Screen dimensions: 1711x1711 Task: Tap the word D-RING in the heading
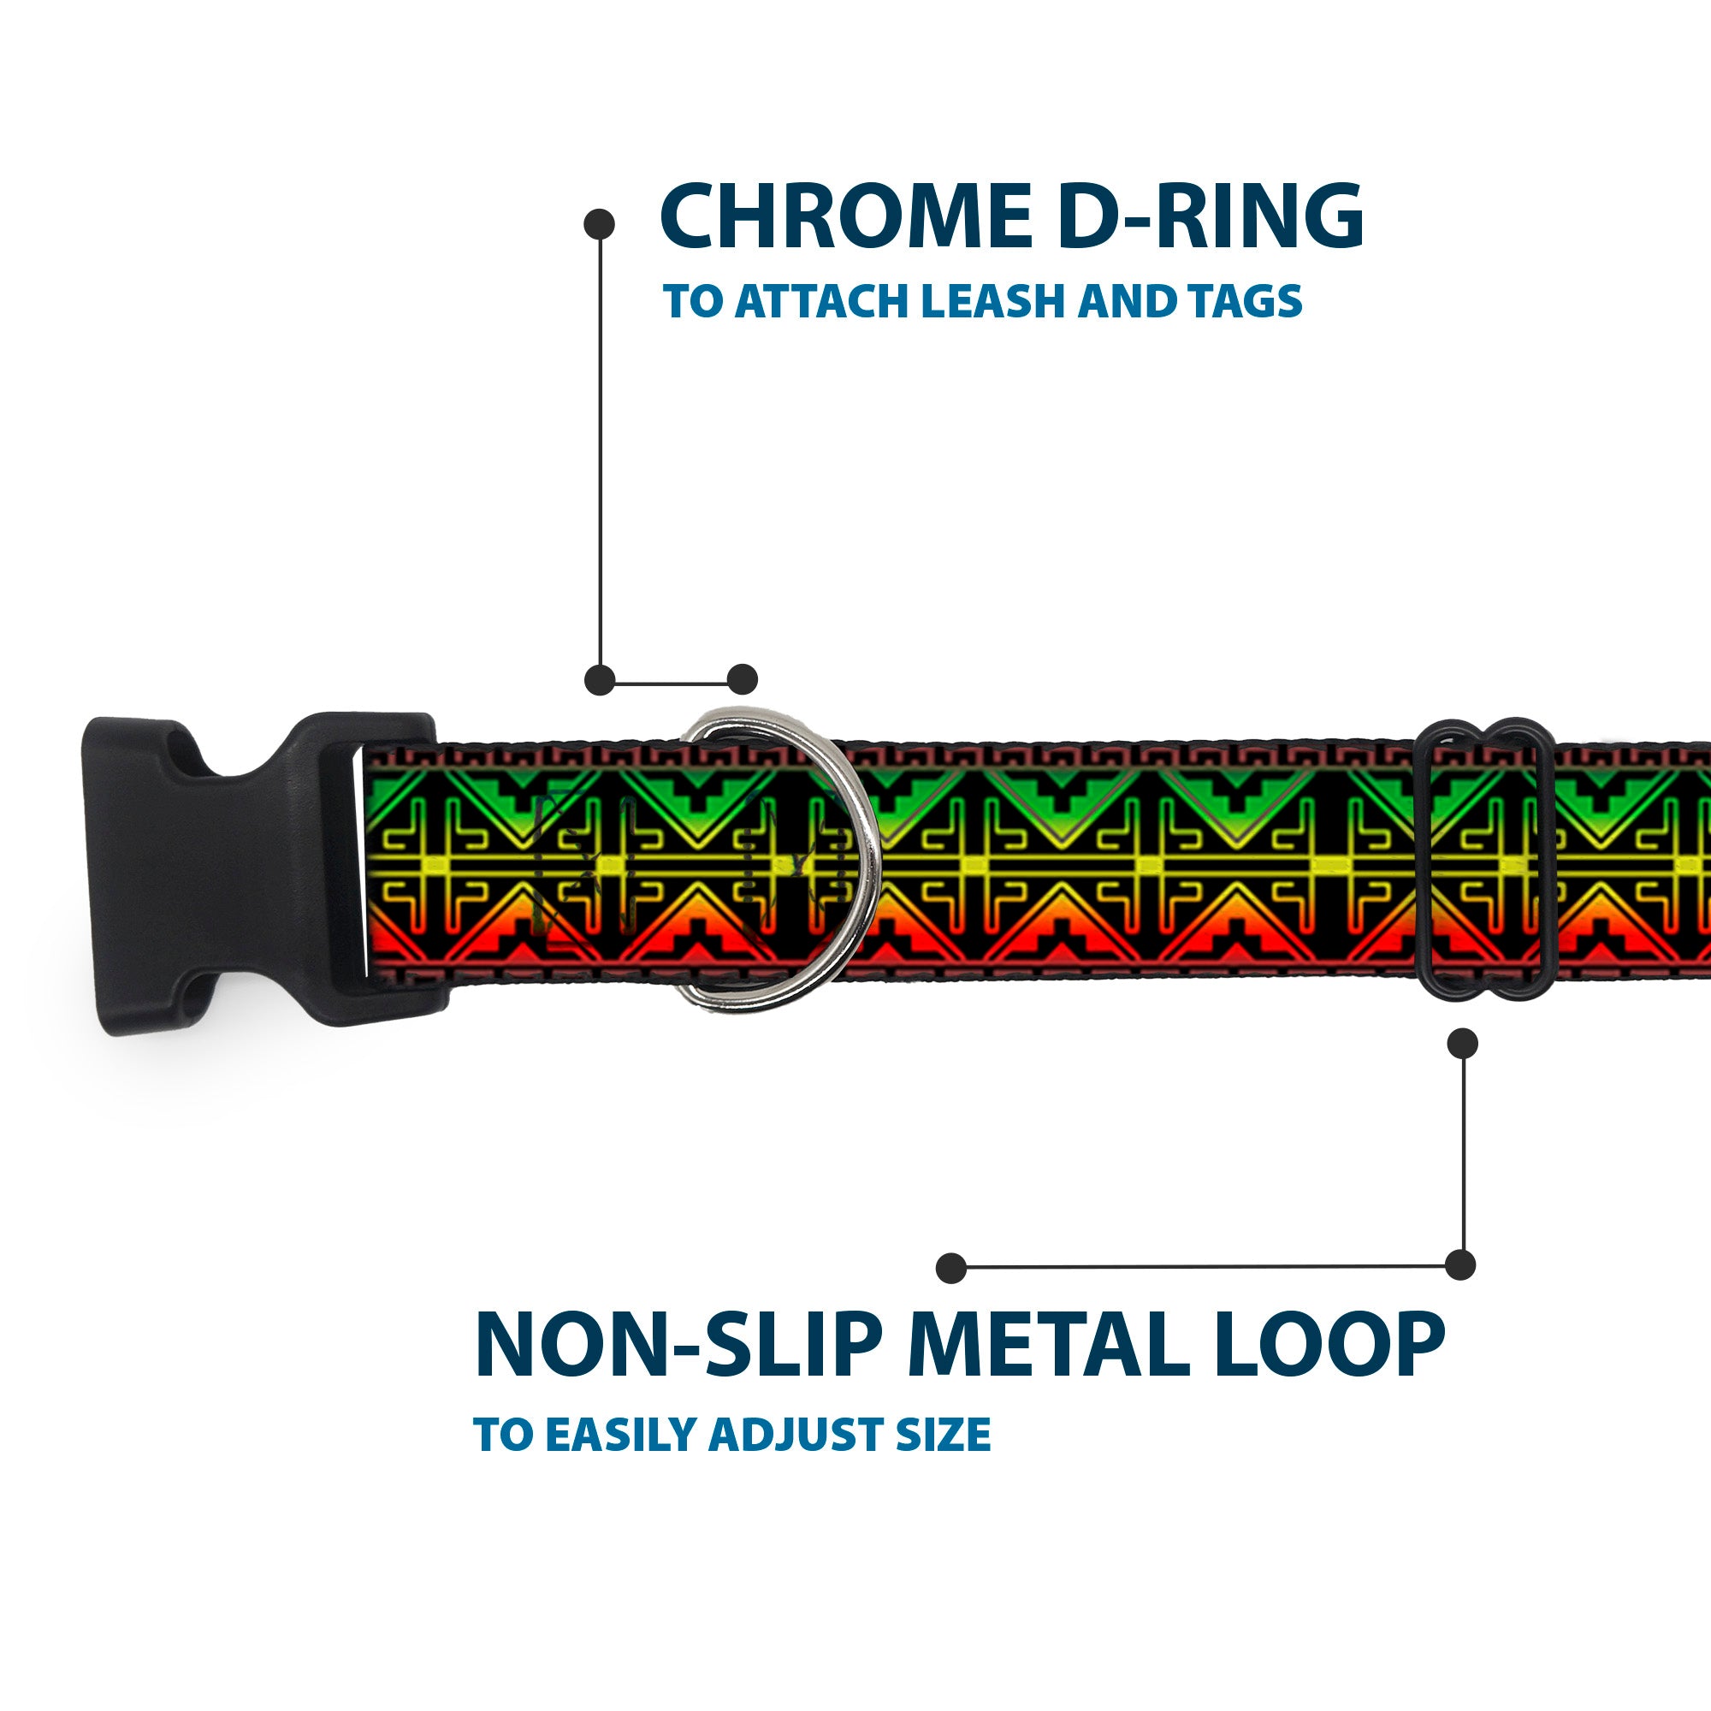pos(1210,217)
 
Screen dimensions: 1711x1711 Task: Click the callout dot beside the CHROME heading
pos(600,223)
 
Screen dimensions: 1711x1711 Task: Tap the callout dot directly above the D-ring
pos(742,679)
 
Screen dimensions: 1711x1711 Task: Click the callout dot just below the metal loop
pos(1461,1043)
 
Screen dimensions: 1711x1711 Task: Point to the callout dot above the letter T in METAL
pos(951,1267)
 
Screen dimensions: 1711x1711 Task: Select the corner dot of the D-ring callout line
pos(600,679)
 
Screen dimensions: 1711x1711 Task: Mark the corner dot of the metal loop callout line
pos(1460,1264)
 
